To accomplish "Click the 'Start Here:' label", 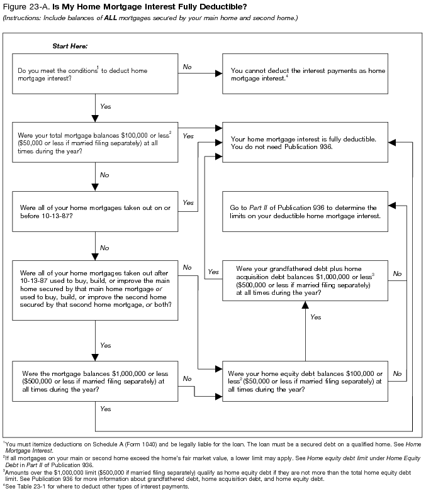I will pos(70,47).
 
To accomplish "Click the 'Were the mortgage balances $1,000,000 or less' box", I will pos(95,381).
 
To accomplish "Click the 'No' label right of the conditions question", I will pos(188,66).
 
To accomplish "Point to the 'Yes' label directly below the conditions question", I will pos(106,106).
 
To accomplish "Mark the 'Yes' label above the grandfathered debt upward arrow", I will pos(316,317).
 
